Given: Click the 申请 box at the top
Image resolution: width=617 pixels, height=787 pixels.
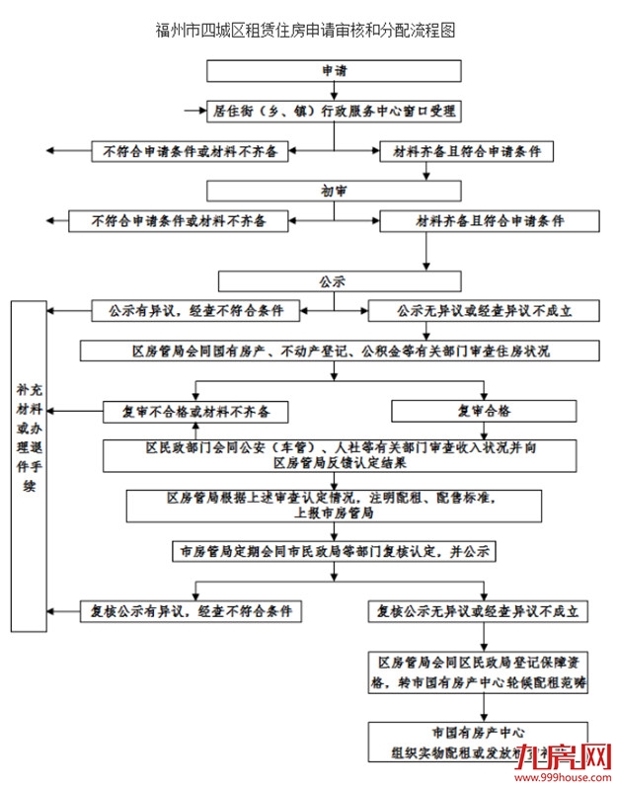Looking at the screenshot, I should [x=334, y=71].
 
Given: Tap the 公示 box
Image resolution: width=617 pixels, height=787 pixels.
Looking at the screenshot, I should [x=334, y=281].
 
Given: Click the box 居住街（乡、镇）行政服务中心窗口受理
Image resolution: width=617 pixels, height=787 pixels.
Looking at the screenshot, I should [x=334, y=111].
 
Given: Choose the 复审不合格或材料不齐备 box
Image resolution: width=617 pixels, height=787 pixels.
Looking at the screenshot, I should [x=196, y=410].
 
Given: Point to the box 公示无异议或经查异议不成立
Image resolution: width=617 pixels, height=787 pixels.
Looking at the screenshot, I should [x=484, y=311].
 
